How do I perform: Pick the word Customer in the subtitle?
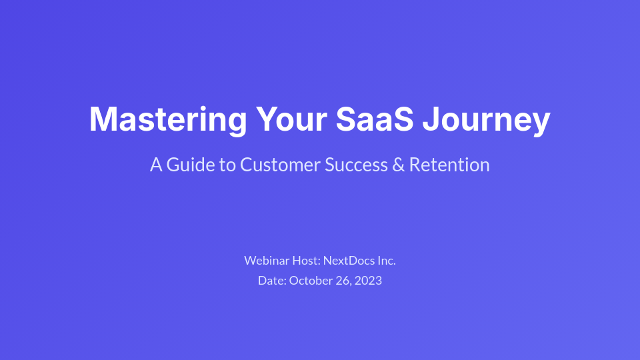coord(280,165)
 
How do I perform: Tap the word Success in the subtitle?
coord(355,165)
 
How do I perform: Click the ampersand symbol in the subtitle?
coord(398,165)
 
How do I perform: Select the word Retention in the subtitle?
coord(449,165)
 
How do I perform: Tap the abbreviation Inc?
coord(387,260)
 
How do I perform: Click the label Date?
coord(272,280)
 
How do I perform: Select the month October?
coord(311,280)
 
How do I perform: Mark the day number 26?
coord(343,280)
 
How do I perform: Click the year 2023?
coord(369,280)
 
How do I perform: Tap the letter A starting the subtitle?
coord(156,165)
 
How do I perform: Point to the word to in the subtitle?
coord(227,165)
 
